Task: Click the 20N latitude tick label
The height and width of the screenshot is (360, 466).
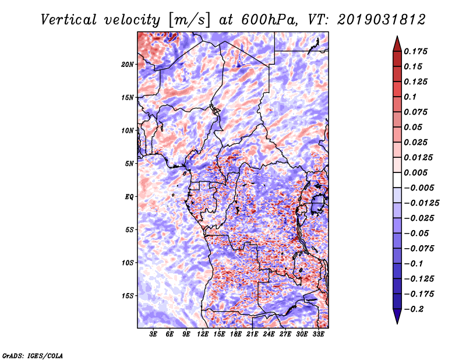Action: (x=128, y=64)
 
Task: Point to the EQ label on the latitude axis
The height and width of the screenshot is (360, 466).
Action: (x=129, y=197)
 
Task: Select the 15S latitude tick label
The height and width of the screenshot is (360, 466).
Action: (x=128, y=296)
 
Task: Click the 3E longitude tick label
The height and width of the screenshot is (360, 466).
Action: (x=154, y=335)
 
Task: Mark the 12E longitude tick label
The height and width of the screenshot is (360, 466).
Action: (x=203, y=335)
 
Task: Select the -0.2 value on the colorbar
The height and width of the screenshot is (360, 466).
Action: (x=416, y=309)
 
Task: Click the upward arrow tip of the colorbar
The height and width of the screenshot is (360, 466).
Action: (x=397, y=38)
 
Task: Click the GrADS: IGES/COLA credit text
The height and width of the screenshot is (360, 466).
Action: (x=33, y=355)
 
